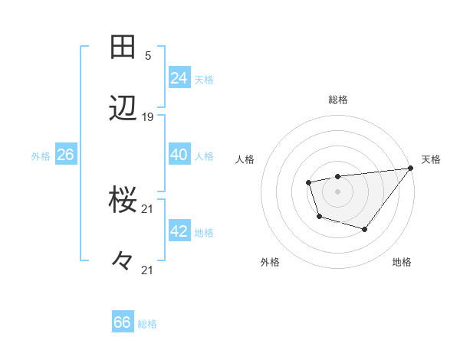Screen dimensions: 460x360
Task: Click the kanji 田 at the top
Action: pyautogui.click(x=123, y=47)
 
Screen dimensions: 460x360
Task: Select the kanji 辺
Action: pyautogui.click(x=123, y=109)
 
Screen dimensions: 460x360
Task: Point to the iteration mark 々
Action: pyautogui.click(x=123, y=261)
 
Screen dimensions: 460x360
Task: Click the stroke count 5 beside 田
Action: pyautogui.click(x=148, y=56)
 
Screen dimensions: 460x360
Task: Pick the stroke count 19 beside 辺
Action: pyautogui.click(x=148, y=117)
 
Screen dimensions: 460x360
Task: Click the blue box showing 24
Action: pyautogui.click(x=179, y=77)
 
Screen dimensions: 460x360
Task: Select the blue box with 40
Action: pyautogui.click(x=179, y=154)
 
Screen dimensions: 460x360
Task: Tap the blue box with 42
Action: pyautogui.click(x=179, y=231)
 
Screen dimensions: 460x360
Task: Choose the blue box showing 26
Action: pyautogui.click(x=65, y=155)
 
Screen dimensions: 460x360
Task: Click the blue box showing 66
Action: pyautogui.click(x=123, y=322)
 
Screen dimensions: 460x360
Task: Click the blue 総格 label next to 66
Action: pyautogui.click(x=147, y=324)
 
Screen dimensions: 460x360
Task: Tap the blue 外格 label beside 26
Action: pyautogui.click(x=41, y=156)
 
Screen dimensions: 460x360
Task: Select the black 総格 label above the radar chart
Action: pyautogui.click(x=338, y=100)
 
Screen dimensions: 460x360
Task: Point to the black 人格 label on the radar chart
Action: pyautogui.click(x=246, y=159)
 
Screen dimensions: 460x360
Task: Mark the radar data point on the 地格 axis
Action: pyautogui.click(x=365, y=229)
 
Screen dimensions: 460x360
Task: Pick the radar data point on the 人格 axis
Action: pyautogui.click(x=308, y=182)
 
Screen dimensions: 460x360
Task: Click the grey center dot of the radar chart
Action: pyautogui.click(x=337, y=191)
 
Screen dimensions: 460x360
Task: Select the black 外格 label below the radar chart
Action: pyautogui.click(x=270, y=262)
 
